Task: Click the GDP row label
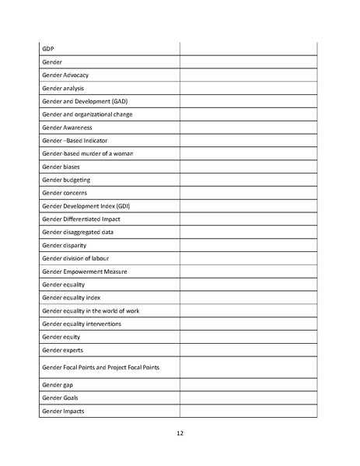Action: (x=48, y=49)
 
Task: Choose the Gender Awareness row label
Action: (x=67, y=128)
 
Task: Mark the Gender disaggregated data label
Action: (x=78, y=232)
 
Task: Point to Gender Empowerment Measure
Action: (x=84, y=272)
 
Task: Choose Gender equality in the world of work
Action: (x=91, y=310)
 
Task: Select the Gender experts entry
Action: (x=61, y=350)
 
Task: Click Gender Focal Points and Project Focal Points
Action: (x=100, y=366)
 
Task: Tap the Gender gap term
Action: (x=57, y=384)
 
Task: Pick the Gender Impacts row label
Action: (x=63, y=410)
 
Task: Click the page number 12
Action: (x=180, y=433)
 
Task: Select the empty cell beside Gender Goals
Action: (x=248, y=398)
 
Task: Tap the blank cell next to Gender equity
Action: (x=248, y=337)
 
